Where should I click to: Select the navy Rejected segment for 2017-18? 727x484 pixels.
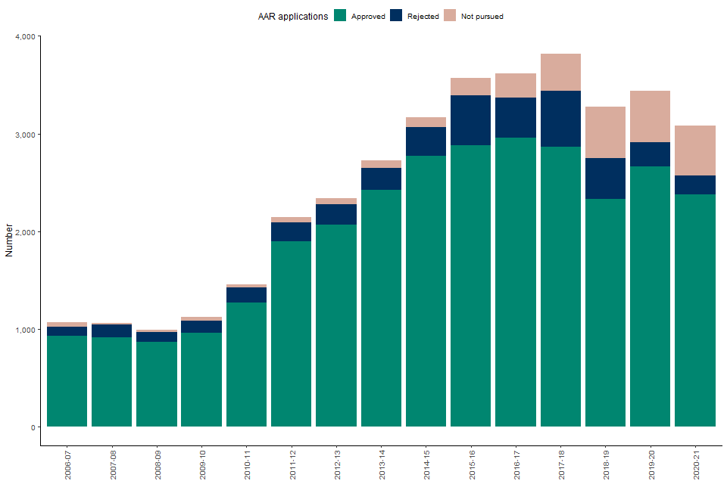pos(560,119)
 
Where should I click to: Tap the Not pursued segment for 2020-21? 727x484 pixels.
pos(694,150)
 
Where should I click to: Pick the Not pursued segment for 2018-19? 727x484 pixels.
pos(605,132)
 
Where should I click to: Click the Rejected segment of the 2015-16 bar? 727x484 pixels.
pos(471,120)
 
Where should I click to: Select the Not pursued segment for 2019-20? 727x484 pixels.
pos(650,116)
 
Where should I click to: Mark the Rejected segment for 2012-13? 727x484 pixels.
pos(336,215)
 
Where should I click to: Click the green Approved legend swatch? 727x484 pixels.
pos(340,16)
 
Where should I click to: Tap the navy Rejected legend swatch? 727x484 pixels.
pos(396,16)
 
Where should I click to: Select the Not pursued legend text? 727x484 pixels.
pos(482,17)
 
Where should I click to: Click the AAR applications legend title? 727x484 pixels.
pos(292,16)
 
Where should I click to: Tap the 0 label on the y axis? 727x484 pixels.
pos(33,427)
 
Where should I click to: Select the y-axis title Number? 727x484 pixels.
pos(9,240)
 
